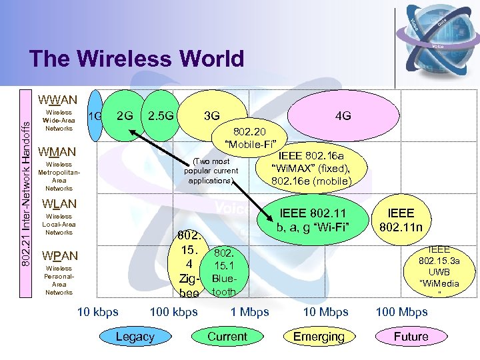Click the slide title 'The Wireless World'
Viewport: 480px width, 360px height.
(x=137, y=59)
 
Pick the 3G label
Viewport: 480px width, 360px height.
(x=212, y=116)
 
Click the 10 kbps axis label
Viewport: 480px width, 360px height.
(x=98, y=311)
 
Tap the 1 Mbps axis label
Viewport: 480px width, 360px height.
(x=249, y=311)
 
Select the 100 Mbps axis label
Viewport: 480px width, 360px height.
(x=401, y=311)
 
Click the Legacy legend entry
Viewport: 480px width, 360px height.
(x=135, y=337)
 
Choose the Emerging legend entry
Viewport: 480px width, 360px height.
(x=319, y=337)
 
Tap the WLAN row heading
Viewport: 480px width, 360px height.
(x=59, y=203)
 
